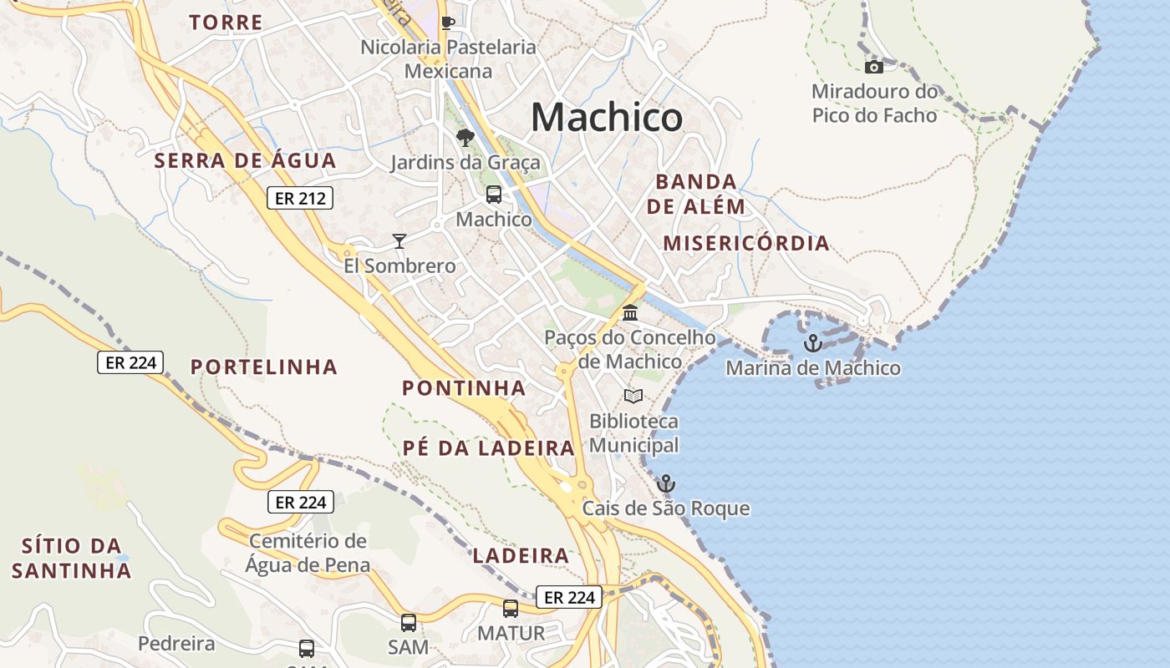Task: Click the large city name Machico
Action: [x=607, y=117]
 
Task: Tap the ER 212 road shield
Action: [x=300, y=198]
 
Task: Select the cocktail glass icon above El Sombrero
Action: [x=399, y=241]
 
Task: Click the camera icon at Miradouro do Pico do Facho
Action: [x=874, y=67]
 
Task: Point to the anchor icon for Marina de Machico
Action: [x=812, y=343]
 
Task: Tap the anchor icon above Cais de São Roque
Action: [x=666, y=483]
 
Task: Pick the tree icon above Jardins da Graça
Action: [x=465, y=138]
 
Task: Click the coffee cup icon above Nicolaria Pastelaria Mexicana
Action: [x=448, y=23]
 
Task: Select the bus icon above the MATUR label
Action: [x=511, y=609]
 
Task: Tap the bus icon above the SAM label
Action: [x=409, y=622]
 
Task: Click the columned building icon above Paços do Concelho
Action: [x=630, y=313]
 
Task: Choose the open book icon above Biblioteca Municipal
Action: [x=633, y=396]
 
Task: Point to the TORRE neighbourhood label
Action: [x=226, y=23]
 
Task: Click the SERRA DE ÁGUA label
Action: [x=245, y=160]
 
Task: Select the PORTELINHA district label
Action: [x=264, y=367]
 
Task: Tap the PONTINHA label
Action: [x=464, y=387]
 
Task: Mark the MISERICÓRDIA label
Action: [x=746, y=243]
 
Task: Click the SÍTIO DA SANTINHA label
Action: [x=72, y=558]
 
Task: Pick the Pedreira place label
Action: [x=176, y=644]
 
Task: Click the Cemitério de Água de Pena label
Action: [x=308, y=553]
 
